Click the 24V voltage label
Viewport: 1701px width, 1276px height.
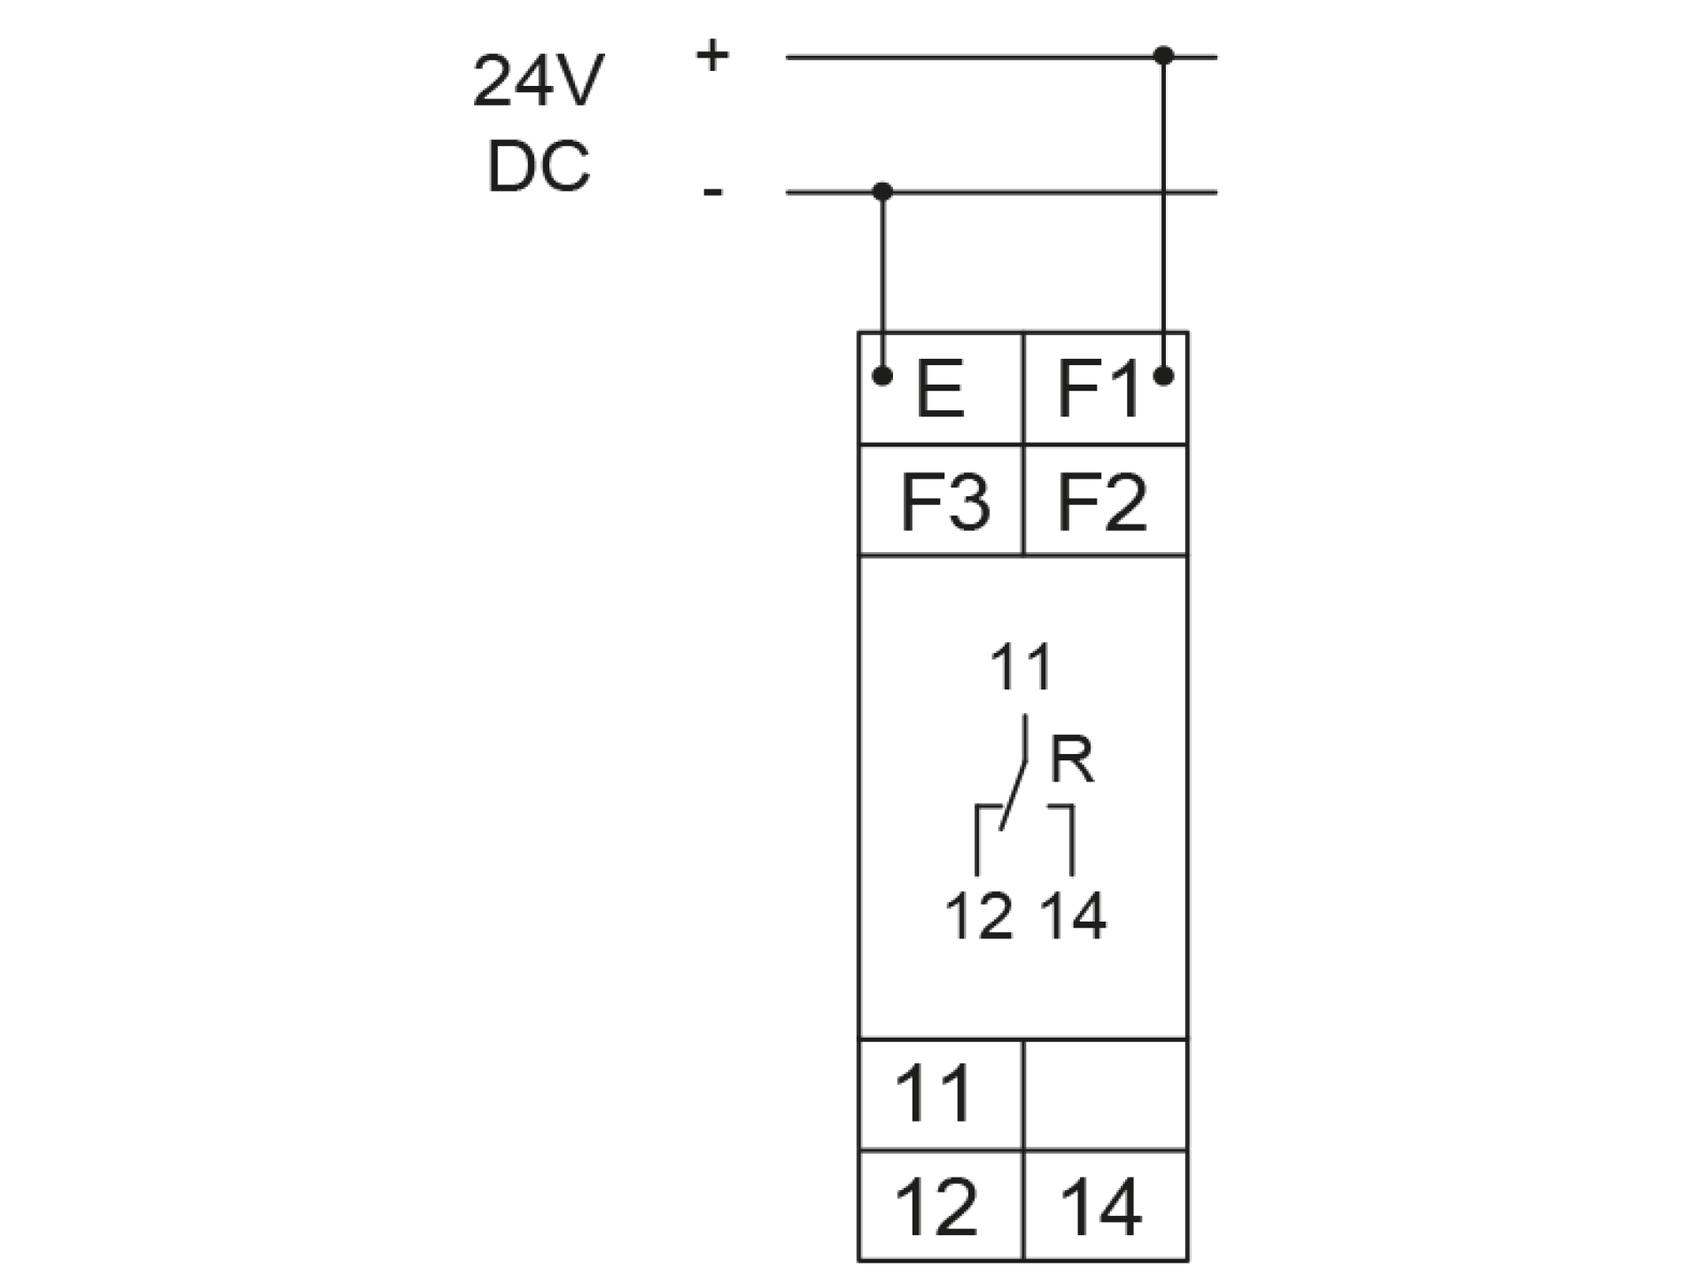click(538, 82)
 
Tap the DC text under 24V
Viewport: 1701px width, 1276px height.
click(538, 166)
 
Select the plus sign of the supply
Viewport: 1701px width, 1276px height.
click(712, 57)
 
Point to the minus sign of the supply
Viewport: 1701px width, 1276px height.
click(712, 191)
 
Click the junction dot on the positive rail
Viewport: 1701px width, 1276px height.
click(1164, 57)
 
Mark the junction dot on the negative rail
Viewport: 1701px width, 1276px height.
click(882, 191)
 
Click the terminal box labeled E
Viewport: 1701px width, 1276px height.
click(941, 388)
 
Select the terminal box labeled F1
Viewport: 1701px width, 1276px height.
click(1105, 388)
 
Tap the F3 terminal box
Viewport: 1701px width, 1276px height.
click(941, 501)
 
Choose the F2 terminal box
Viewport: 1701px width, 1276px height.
click(1105, 501)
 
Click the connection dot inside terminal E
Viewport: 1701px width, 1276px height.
click(882, 376)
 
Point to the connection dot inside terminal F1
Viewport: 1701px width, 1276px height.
click(1164, 376)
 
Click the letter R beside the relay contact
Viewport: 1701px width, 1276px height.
click(1072, 760)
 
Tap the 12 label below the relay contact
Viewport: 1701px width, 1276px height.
click(978, 916)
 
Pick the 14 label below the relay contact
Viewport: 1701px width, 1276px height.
click(1073, 916)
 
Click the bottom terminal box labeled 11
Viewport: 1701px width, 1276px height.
click(941, 1094)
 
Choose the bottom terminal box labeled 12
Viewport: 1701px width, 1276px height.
click(941, 1206)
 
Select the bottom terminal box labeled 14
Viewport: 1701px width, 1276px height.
click(1105, 1206)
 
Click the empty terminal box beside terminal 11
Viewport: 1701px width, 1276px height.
click(1105, 1094)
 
